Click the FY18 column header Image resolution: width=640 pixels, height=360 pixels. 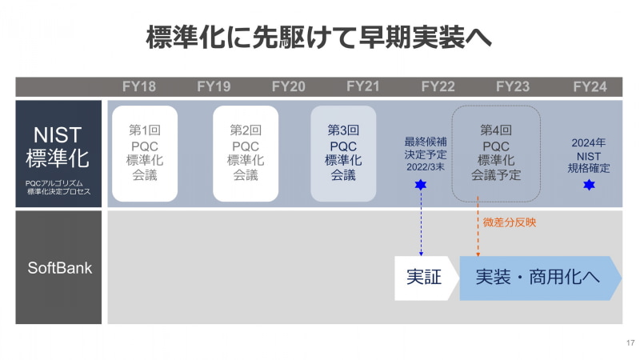click(x=139, y=87)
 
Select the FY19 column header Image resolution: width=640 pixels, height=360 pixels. click(x=214, y=87)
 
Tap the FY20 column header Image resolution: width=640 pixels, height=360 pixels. click(x=289, y=87)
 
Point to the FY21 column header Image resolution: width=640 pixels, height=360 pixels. click(x=363, y=87)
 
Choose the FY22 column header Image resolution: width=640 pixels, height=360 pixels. click(x=438, y=87)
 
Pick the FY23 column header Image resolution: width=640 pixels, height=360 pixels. click(x=513, y=87)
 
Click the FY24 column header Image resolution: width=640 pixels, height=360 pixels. click(x=590, y=87)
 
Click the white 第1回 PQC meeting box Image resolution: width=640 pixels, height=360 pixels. click(x=145, y=153)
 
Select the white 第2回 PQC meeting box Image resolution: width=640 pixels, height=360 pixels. click(x=246, y=153)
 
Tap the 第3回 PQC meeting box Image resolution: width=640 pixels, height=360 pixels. click(x=343, y=153)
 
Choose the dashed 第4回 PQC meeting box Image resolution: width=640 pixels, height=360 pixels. click(x=496, y=153)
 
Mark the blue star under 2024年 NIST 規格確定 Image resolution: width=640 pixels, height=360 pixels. click(x=590, y=185)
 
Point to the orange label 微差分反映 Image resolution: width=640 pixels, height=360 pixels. click(x=510, y=222)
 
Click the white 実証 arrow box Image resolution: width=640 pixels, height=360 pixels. click(x=424, y=278)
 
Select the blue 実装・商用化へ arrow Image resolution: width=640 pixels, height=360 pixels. click(x=538, y=278)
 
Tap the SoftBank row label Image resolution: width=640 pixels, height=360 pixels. click(x=59, y=268)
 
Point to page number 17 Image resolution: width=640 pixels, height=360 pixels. click(x=630, y=343)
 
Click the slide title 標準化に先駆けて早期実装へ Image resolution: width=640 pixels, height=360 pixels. click(x=319, y=38)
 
